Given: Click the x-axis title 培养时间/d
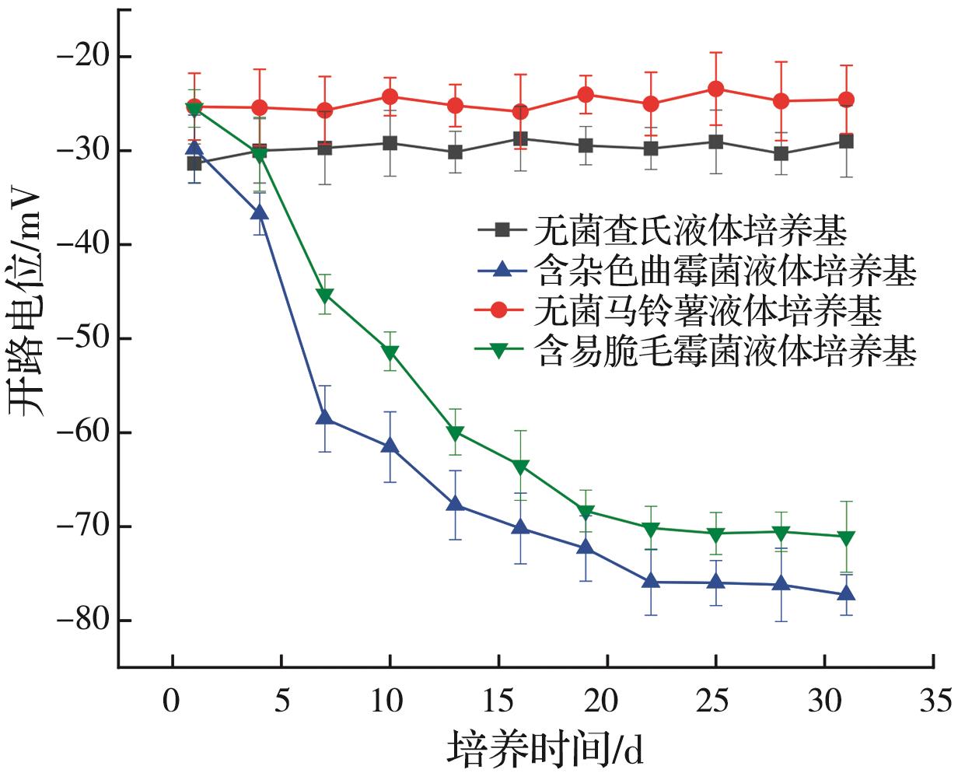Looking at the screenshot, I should pyautogui.click(x=545, y=749).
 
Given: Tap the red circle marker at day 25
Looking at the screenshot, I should pyautogui.click(x=715, y=89).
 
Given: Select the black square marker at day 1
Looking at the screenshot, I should pyautogui.click(x=194, y=163).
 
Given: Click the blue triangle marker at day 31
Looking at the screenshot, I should pyautogui.click(x=846, y=594).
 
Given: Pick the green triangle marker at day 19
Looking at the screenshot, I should pyautogui.click(x=586, y=512).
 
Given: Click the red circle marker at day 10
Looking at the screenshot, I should pyautogui.click(x=390, y=96).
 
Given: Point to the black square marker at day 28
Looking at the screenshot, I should pyautogui.click(x=781, y=154).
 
